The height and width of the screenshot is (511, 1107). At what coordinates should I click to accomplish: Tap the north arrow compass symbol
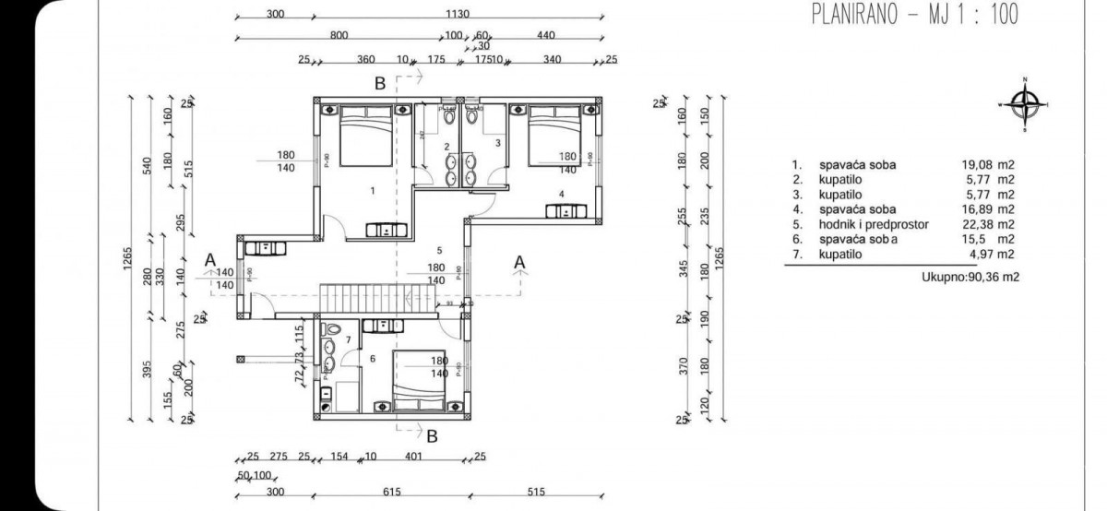(x=1023, y=104)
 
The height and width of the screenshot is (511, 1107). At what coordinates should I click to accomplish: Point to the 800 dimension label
(x=339, y=35)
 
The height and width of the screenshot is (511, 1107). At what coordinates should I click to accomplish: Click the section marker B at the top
(x=379, y=84)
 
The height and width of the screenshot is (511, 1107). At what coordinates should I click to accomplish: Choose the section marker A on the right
(x=520, y=263)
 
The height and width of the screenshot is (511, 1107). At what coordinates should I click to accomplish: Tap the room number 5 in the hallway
(x=440, y=250)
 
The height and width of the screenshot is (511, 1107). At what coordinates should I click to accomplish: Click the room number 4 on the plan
(x=561, y=194)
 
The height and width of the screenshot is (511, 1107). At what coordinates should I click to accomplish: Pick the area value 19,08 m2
(x=988, y=165)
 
